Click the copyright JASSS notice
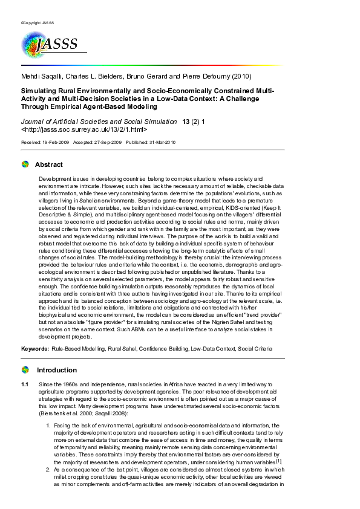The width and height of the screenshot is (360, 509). (38, 23)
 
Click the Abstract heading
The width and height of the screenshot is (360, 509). (48, 164)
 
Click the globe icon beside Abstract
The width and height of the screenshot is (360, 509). (25, 164)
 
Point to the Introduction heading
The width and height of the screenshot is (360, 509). (57, 370)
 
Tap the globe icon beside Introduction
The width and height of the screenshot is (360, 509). (25, 370)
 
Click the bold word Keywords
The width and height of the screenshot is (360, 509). (34, 349)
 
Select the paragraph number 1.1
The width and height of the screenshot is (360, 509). (25, 384)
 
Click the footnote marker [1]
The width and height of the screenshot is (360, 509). (279, 461)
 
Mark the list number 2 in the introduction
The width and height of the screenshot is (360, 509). (49, 469)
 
